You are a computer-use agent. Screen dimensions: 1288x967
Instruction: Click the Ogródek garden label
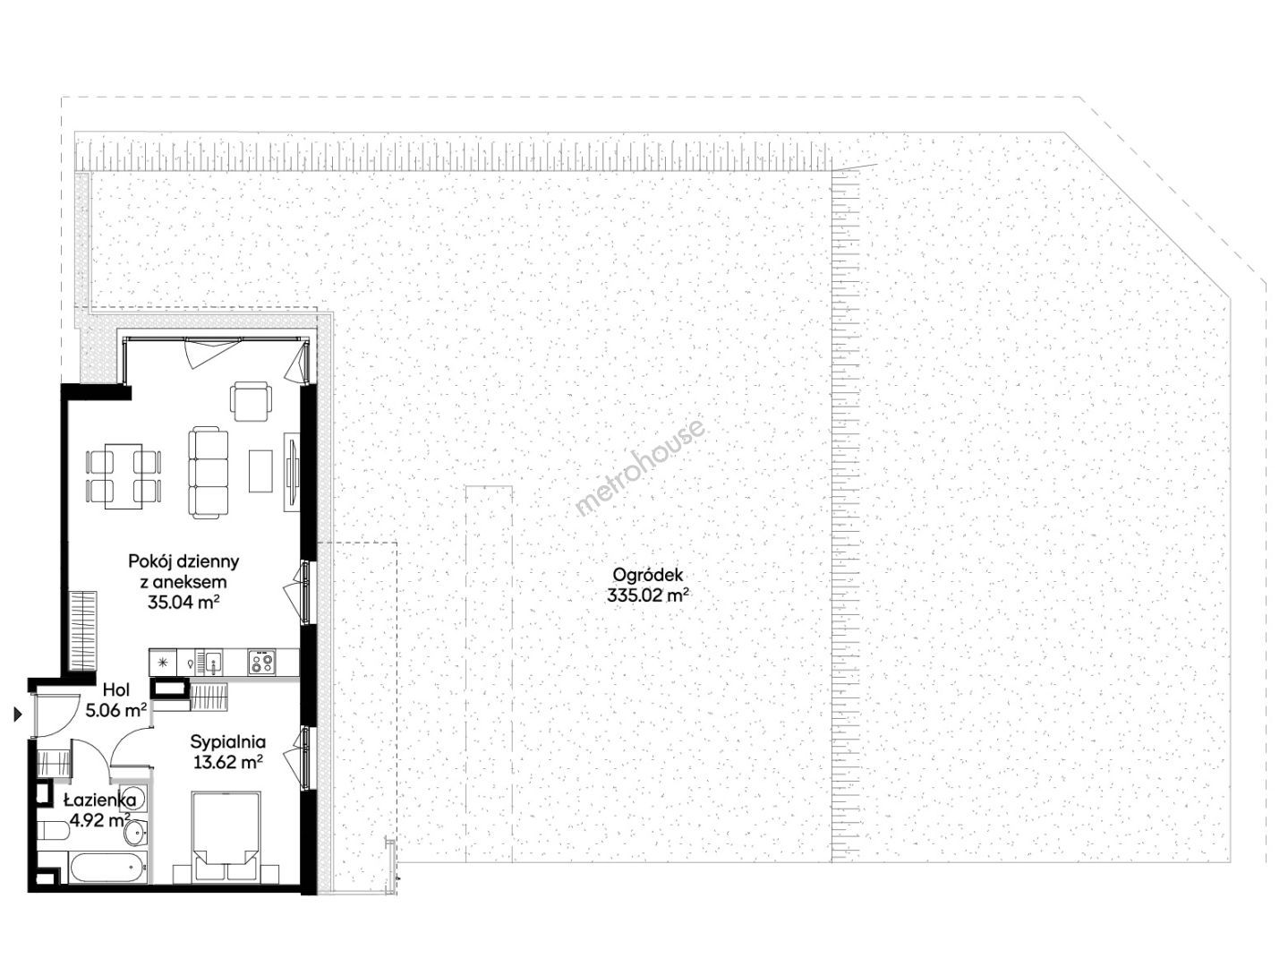click(x=647, y=576)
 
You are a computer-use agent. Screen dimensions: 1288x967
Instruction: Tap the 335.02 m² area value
click(x=647, y=596)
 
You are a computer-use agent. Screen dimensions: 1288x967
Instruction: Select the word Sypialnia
click(x=227, y=743)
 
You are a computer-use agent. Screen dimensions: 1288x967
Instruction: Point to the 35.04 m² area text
click(x=183, y=602)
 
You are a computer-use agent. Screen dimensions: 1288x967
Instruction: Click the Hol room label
click(x=116, y=690)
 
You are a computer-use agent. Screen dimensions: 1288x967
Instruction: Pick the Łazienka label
click(x=100, y=800)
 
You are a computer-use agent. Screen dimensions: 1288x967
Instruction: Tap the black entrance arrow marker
click(x=18, y=715)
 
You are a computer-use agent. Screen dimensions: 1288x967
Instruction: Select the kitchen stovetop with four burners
click(x=261, y=663)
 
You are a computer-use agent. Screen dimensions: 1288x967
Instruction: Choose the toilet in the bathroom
click(x=55, y=832)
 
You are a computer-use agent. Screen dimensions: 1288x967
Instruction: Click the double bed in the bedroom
click(x=226, y=836)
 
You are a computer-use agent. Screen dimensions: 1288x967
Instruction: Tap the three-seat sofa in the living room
click(x=208, y=474)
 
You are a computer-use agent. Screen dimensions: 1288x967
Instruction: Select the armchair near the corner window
click(x=252, y=401)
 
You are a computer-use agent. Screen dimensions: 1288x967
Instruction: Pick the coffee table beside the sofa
click(x=260, y=471)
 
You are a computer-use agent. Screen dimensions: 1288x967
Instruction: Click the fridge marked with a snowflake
click(x=163, y=663)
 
